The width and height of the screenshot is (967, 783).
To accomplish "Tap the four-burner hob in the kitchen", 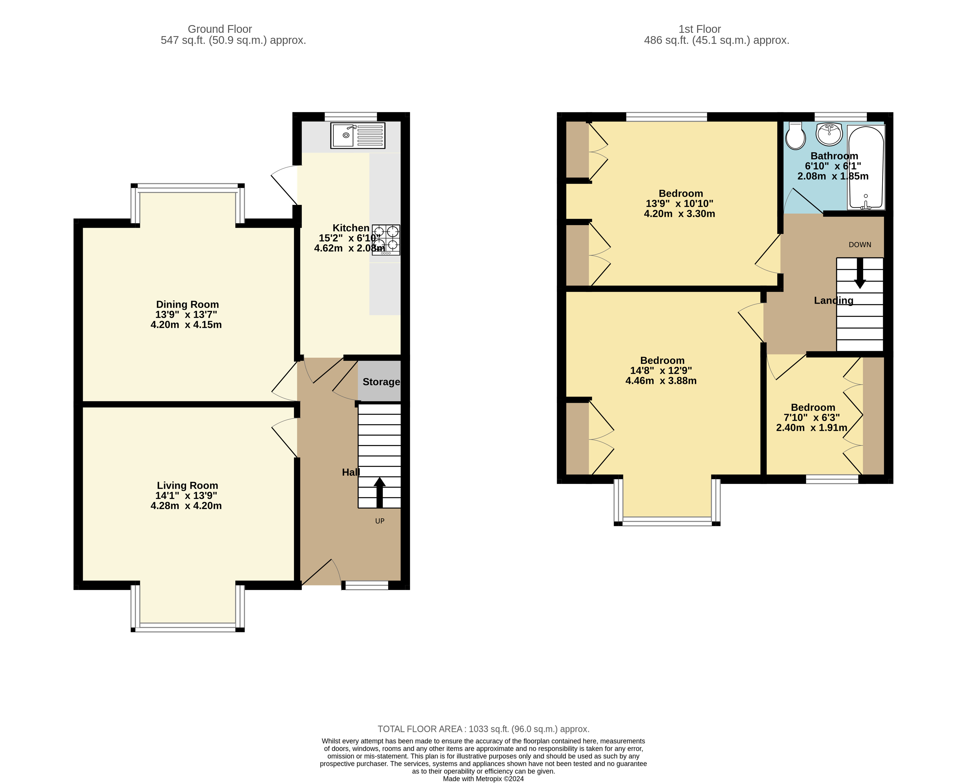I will [386, 239].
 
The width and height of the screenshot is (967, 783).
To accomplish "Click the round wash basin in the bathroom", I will [829, 134].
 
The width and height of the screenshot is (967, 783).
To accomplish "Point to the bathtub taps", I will [866, 205].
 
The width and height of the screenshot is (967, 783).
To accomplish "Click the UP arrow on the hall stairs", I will [380, 492].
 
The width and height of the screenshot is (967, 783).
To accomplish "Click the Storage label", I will [381, 382].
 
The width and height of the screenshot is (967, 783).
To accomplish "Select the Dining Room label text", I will [187, 304].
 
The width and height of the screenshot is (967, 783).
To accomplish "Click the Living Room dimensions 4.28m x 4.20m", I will [186, 506].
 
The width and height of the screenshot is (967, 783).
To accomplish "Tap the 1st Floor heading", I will [699, 29].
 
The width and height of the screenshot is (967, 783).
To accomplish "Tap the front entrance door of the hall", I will [321, 573].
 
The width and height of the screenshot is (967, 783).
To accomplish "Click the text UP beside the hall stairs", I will [380, 521].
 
